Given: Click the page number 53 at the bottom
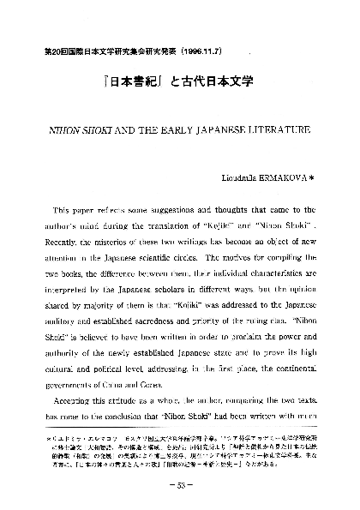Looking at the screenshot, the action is [x=180, y=485].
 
